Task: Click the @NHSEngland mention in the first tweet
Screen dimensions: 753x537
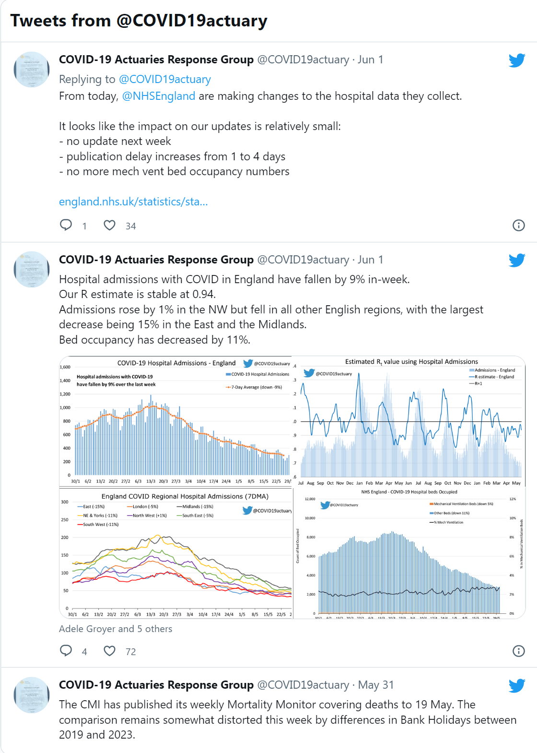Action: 158,96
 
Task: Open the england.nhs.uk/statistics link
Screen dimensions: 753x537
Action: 133,202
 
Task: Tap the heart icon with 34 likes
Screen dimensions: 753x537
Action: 110,225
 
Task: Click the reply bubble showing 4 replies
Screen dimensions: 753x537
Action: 66,651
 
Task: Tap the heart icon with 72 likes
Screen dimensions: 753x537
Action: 110,651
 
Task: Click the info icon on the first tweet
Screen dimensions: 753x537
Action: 518,225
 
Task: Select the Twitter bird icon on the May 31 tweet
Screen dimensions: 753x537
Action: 516,685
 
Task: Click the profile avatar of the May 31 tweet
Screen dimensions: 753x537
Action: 31,695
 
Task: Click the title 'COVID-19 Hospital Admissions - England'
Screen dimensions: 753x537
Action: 176,363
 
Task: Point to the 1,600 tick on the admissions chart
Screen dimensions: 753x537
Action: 65,367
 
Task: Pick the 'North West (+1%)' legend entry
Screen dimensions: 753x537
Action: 149,515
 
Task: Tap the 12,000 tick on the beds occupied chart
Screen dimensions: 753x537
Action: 310,499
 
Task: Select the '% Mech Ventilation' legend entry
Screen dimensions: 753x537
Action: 448,522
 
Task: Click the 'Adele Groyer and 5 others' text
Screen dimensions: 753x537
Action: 116,629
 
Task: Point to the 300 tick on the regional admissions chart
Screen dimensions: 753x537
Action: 65,502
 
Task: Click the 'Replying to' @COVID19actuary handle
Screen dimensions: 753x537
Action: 164,79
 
